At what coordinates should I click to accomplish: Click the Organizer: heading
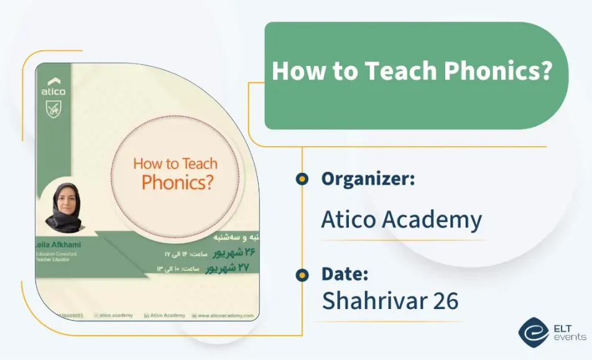coord(368,179)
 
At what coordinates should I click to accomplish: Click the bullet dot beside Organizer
coord(302,179)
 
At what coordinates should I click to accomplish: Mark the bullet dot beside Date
coord(302,274)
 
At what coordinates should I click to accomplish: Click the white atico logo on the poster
coord(53,86)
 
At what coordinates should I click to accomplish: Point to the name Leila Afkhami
coord(60,244)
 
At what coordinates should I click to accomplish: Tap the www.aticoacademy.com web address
coord(225,316)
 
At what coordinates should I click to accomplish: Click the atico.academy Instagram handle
coord(117,316)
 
